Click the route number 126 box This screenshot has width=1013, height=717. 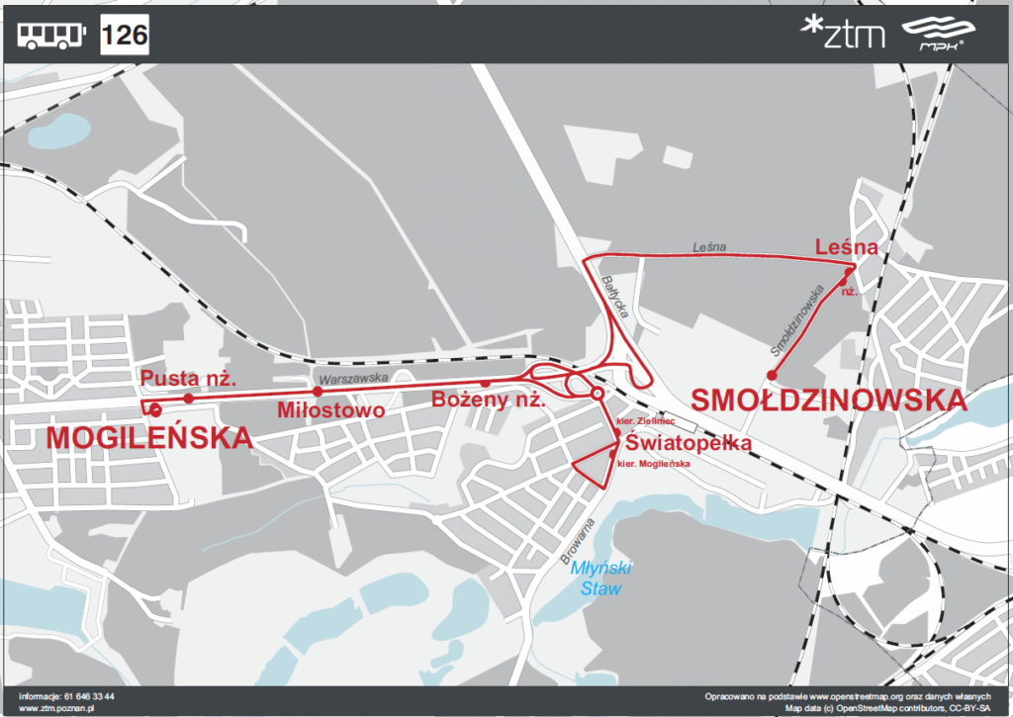tap(125, 37)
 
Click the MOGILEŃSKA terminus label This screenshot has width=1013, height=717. tap(149, 437)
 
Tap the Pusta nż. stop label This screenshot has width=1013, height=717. tap(187, 378)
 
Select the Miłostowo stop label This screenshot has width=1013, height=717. tap(330, 409)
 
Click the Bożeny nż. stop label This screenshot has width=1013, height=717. tap(489, 401)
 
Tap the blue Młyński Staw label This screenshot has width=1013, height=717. tap(600, 579)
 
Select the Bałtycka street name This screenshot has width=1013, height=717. tap(614, 296)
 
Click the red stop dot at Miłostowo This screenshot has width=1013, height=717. tap(318, 391)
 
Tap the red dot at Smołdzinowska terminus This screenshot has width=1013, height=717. tap(771, 374)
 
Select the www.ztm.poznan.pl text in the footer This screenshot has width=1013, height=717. tap(55, 707)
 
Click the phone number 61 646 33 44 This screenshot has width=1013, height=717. tap(90, 696)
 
